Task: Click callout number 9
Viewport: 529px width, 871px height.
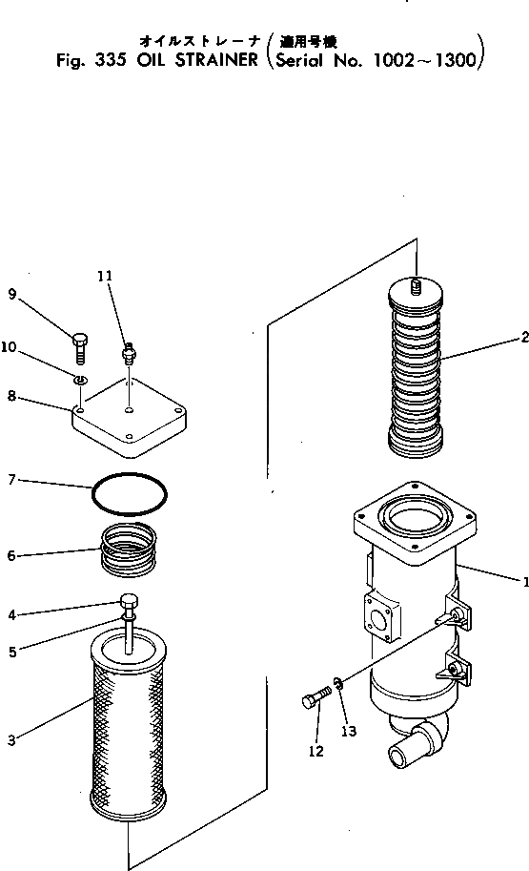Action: [x=12, y=295]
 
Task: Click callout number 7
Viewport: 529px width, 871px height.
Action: [x=12, y=480]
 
